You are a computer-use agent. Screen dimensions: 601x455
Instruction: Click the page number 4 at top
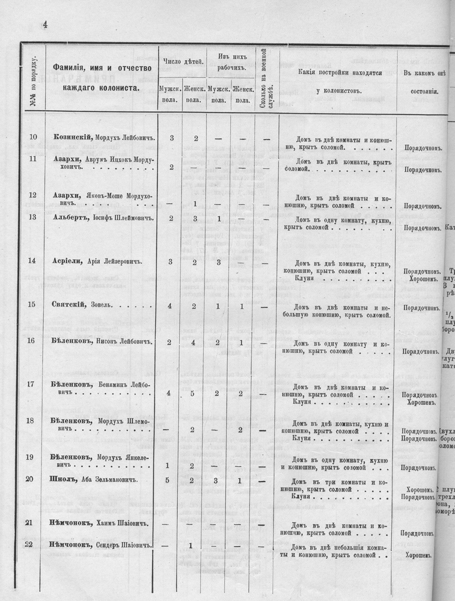(x=44, y=24)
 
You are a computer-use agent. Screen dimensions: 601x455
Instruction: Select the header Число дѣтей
(x=183, y=62)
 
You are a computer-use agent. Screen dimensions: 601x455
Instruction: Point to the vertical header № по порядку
(x=33, y=82)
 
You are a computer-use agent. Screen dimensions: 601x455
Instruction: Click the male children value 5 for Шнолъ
(x=168, y=480)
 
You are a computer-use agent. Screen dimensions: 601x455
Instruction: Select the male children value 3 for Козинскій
(x=171, y=138)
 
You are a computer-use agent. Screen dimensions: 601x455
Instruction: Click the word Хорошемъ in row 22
(x=419, y=555)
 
